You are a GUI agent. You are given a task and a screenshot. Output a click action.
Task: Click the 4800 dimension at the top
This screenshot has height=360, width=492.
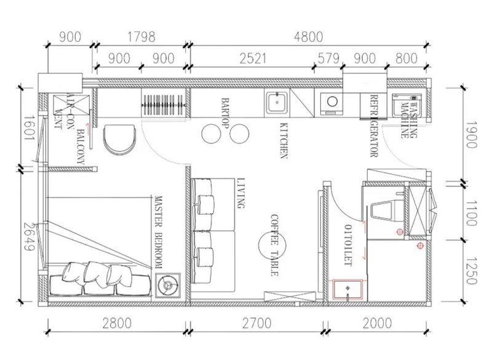(x=308, y=37)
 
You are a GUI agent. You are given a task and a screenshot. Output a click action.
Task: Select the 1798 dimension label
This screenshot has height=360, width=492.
(x=141, y=37)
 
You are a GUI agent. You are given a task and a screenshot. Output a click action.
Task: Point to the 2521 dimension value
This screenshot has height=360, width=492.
(x=253, y=58)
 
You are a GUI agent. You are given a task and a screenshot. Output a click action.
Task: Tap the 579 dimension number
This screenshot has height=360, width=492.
(x=328, y=58)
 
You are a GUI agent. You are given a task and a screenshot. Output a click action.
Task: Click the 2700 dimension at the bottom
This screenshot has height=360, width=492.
(x=256, y=323)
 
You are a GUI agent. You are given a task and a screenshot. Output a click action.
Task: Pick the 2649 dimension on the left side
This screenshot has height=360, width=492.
(x=29, y=237)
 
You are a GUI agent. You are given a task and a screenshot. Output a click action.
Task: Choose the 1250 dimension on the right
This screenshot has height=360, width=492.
(x=470, y=271)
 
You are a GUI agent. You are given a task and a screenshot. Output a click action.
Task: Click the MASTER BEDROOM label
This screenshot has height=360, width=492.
(x=159, y=232)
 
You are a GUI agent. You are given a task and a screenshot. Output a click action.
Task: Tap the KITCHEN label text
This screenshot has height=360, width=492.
(x=284, y=140)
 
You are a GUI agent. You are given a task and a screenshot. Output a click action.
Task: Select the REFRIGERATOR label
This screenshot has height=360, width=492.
(x=374, y=126)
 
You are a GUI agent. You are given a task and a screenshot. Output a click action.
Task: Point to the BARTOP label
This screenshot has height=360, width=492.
(x=225, y=113)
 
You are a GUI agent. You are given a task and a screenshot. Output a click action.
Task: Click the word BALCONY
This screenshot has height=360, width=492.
(x=81, y=147)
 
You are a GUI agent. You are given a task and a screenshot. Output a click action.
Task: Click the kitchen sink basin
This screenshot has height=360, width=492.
(x=276, y=102)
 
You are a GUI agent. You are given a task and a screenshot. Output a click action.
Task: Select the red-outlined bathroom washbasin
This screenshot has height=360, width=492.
(x=347, y=289)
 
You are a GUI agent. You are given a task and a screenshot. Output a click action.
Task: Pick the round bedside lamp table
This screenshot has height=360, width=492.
(x=169, y=285)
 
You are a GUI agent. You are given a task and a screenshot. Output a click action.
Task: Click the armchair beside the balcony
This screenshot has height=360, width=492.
(x=119, y=140)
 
